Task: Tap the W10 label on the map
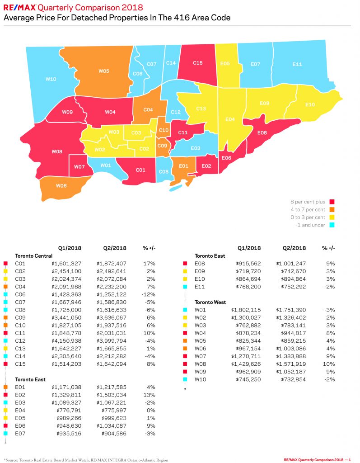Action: click(51, 79)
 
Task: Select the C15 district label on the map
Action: click(197, 63)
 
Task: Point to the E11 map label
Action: click(297, 64)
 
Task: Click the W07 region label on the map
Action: click(79, 167)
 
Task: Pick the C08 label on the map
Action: click(164, 171)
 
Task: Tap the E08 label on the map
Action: click(262, 132)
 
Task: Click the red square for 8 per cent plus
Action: click(332, 202)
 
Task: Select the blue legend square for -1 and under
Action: click(332, 225)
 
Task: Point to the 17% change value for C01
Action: click(150, 263)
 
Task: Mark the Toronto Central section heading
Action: click(34, 255)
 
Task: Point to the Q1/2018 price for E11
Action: click(245, 284)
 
